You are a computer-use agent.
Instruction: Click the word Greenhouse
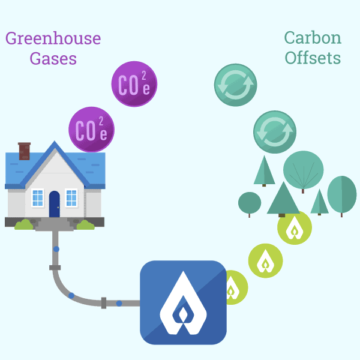(x=53, y=39)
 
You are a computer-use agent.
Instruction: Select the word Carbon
(x=313, y=38)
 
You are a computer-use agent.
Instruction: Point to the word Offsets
(x=313, y=58)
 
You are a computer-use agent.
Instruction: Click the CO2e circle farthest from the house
(x=134, y=84)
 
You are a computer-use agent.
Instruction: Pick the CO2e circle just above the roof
(x=91, y=130)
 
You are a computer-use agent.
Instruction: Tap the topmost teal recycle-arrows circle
(x=235, y=85)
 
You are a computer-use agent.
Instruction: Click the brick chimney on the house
(x=25, y=151)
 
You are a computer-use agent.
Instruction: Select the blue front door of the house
(x=55, y=204)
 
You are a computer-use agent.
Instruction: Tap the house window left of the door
(x=38, y=197)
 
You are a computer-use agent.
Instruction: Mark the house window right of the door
(x=71, y=197)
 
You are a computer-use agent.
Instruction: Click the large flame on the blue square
(x=183, y=303)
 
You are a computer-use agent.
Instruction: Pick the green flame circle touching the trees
(x=295, y=228)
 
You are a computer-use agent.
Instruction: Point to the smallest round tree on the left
(x=250, y=203)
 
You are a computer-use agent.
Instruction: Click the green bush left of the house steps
(x=23, y=225)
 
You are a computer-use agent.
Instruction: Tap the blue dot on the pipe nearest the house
(x=56, y=248)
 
